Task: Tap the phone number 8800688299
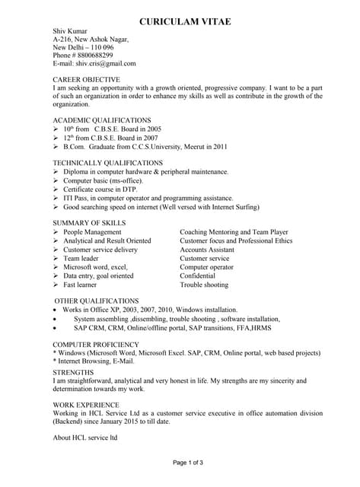(94, 56)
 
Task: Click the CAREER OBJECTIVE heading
(86, 79)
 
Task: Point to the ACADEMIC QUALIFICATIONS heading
(102, 120)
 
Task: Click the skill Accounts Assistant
(207, 250)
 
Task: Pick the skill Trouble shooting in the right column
(204, 285)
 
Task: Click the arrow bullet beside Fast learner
(56, 285)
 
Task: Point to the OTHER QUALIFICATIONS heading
(97, 301)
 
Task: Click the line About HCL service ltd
(85, 438)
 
